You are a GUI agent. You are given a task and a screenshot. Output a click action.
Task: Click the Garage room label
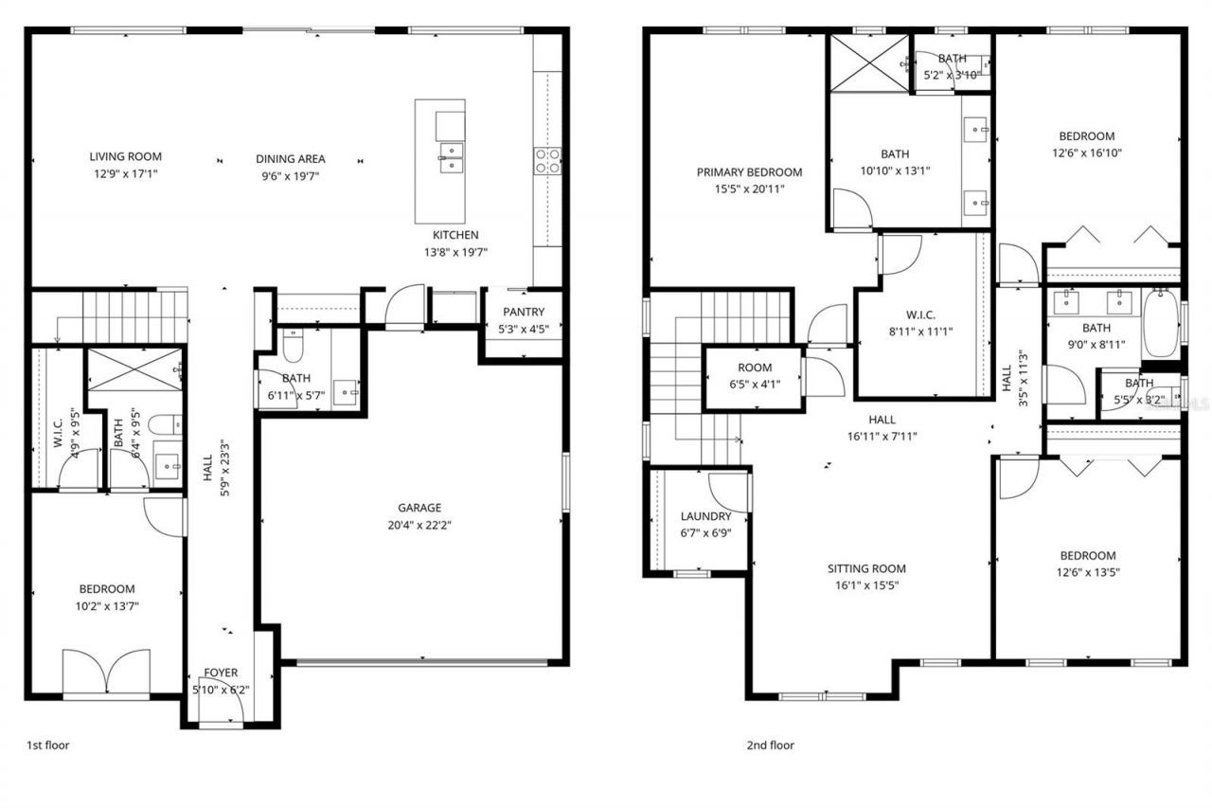tap(419, 508)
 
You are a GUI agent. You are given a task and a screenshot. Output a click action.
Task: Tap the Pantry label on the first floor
tap(524, 312)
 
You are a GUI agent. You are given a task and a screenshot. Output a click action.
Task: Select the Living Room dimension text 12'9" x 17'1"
tap(125, 173)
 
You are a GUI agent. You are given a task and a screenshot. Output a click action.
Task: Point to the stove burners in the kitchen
tap(547, 161)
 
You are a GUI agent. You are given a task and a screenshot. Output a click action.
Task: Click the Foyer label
tap(222, 673)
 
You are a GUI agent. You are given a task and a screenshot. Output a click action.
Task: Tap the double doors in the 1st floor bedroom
tap(106, 673)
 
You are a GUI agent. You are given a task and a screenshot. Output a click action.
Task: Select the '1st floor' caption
tap(47, 745)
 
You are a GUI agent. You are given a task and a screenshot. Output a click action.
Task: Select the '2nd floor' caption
tap(770, 745)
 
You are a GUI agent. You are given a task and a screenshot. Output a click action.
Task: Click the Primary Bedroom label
tap(749, 172)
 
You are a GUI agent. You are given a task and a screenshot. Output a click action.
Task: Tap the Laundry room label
tap(705, 516)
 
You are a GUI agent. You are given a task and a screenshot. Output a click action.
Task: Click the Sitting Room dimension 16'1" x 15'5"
tap(866, 585)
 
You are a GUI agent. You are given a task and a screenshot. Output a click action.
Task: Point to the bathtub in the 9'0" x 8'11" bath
tap(1159, 323)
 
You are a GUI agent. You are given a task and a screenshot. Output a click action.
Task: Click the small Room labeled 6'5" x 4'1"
tap(754, 368)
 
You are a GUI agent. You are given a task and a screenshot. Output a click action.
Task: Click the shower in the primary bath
tap(868, 63)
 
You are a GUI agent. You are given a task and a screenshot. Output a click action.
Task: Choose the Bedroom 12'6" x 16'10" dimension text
tap(1086, 153)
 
